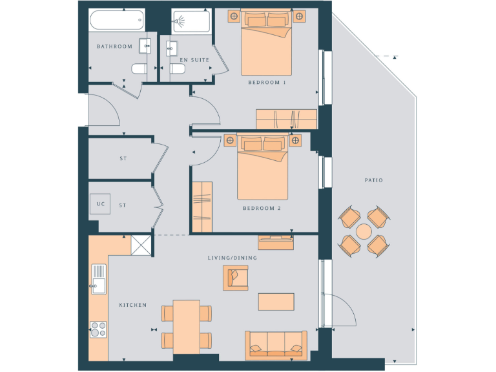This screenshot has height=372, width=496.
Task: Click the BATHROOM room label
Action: [x=114, y=46]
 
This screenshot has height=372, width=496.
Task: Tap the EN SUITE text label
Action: [x=194, y=59]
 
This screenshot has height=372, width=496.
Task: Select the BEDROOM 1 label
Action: [x=267, y=83]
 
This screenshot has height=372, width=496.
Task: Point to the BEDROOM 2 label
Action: [x=262, y=209]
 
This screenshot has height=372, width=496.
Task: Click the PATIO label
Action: [x=373, y=180]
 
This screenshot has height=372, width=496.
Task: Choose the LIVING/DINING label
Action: [x=232, y=258]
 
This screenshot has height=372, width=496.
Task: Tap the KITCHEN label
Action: [x=132, y=305]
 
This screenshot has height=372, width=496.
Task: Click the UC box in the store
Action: [x=100, y=205]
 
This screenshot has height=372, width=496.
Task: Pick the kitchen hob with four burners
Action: [x=99, y=329]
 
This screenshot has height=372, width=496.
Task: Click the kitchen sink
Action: [x=99, y=278]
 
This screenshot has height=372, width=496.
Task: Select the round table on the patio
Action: [x=364, y=231]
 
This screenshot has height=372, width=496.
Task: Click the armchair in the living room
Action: [x=235, y=277]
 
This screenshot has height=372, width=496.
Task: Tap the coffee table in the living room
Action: [x=276, y=302]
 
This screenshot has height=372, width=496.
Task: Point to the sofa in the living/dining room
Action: [x=276, y=344]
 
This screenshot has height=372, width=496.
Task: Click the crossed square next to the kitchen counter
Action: [x=140, y=245]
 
